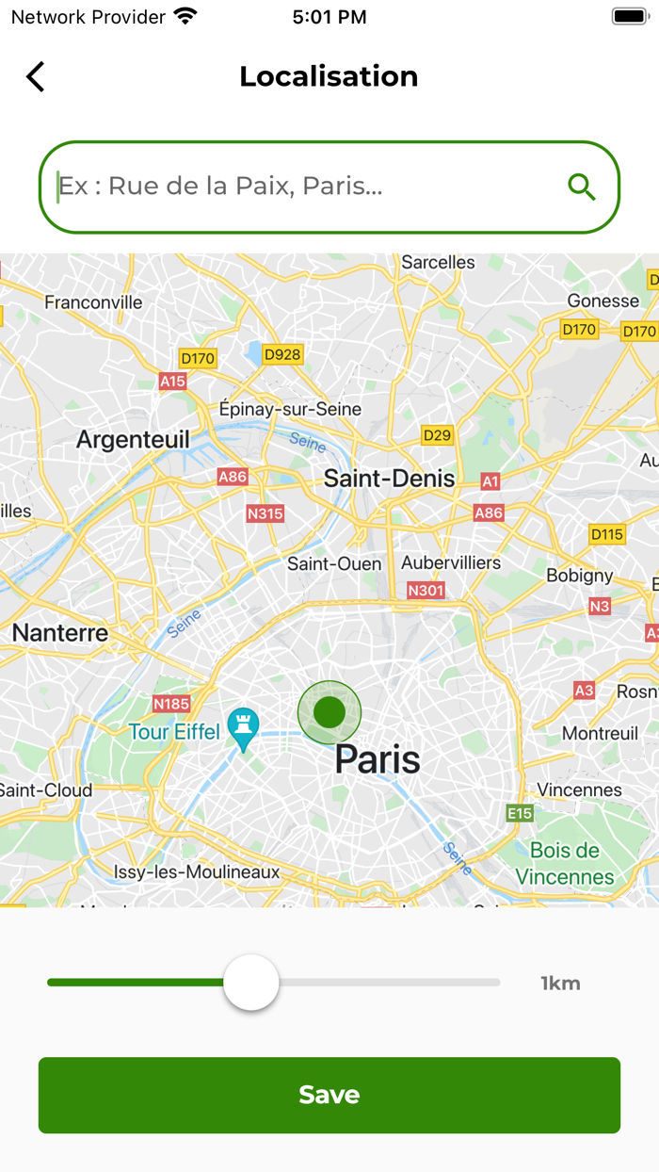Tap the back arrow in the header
[36, 76]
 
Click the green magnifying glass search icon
[582, 187]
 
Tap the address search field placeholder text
[221, 186]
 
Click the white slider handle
[251, 983]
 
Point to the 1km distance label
[560, 984]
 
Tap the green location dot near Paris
[329, 712]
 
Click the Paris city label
[378, 759]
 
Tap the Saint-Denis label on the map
[389, 479]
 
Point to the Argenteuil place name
[133, 440]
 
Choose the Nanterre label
[60, 633]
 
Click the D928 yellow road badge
[282, 354]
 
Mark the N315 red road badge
[265, 513]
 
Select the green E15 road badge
[520, 813]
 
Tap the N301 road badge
[426, 591]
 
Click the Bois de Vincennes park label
[565, 864]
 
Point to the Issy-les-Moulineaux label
[197, 872]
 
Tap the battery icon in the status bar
[628, 17]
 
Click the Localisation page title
[329, 76]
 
